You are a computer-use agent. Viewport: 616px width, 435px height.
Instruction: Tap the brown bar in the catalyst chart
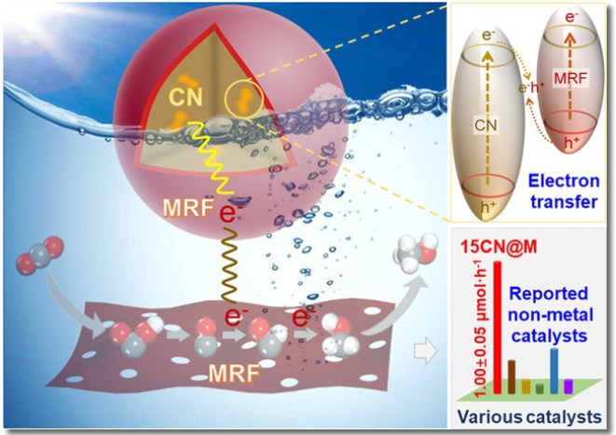510,377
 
